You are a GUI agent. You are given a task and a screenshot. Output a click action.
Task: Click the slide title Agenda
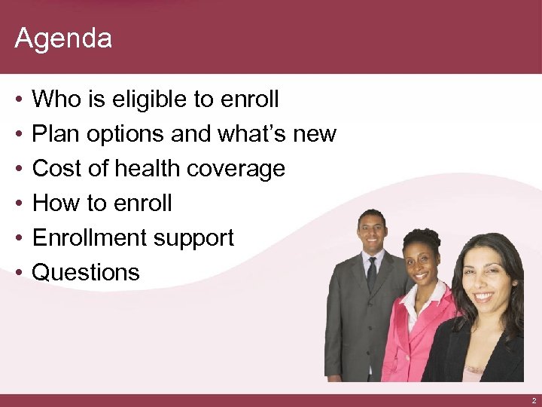63,38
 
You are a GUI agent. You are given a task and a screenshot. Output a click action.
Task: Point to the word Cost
56,168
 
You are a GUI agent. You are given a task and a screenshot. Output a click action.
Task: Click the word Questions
86,272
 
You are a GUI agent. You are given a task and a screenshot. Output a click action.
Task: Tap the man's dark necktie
372,274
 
